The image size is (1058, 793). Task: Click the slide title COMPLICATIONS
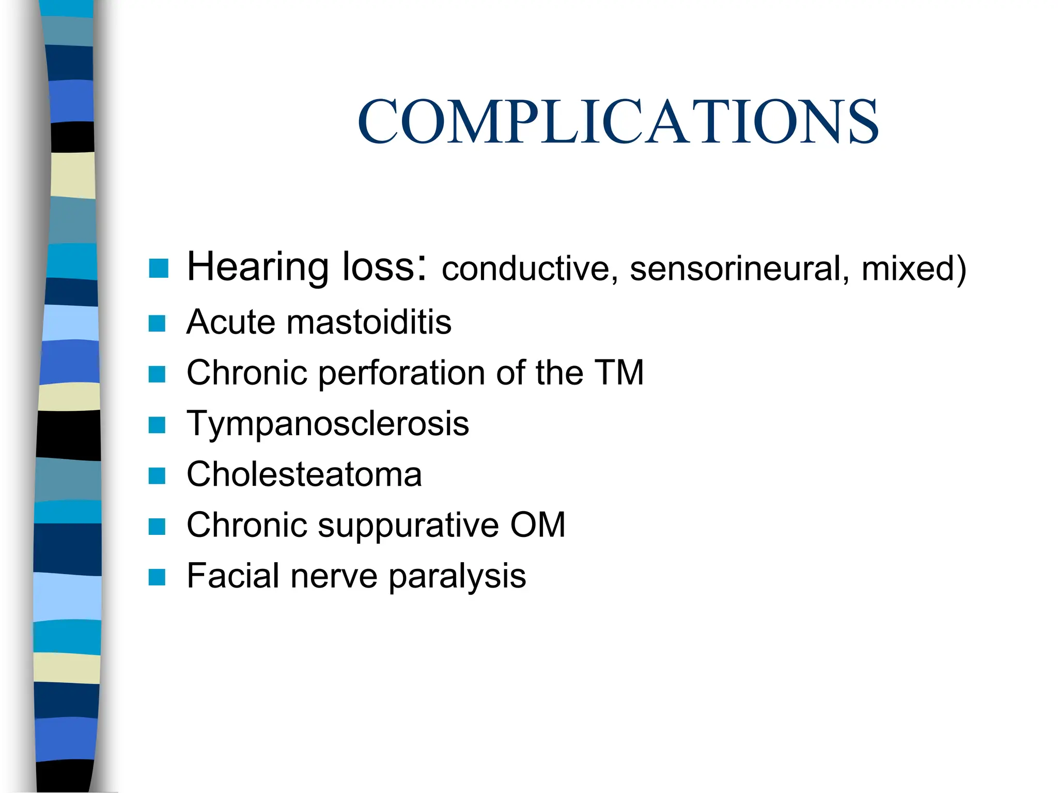point(618,122)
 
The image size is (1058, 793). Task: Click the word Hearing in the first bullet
point(257,267)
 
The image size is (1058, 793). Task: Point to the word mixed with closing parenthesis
point(914,269)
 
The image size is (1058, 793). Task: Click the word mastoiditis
point(369,322)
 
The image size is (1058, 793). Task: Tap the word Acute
point(231,322)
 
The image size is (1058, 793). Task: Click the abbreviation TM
point(619,372)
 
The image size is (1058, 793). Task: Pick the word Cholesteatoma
point(304,474)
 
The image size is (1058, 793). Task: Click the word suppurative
point(408,526)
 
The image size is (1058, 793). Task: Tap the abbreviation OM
point(538,525)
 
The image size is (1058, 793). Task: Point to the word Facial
point(232,576)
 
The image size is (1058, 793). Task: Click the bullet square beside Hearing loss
point(158,268)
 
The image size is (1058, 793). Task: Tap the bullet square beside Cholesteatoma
point(157,475)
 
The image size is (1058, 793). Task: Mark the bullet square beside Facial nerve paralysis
point(157,577)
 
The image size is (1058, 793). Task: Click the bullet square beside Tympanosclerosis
point(157,425)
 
